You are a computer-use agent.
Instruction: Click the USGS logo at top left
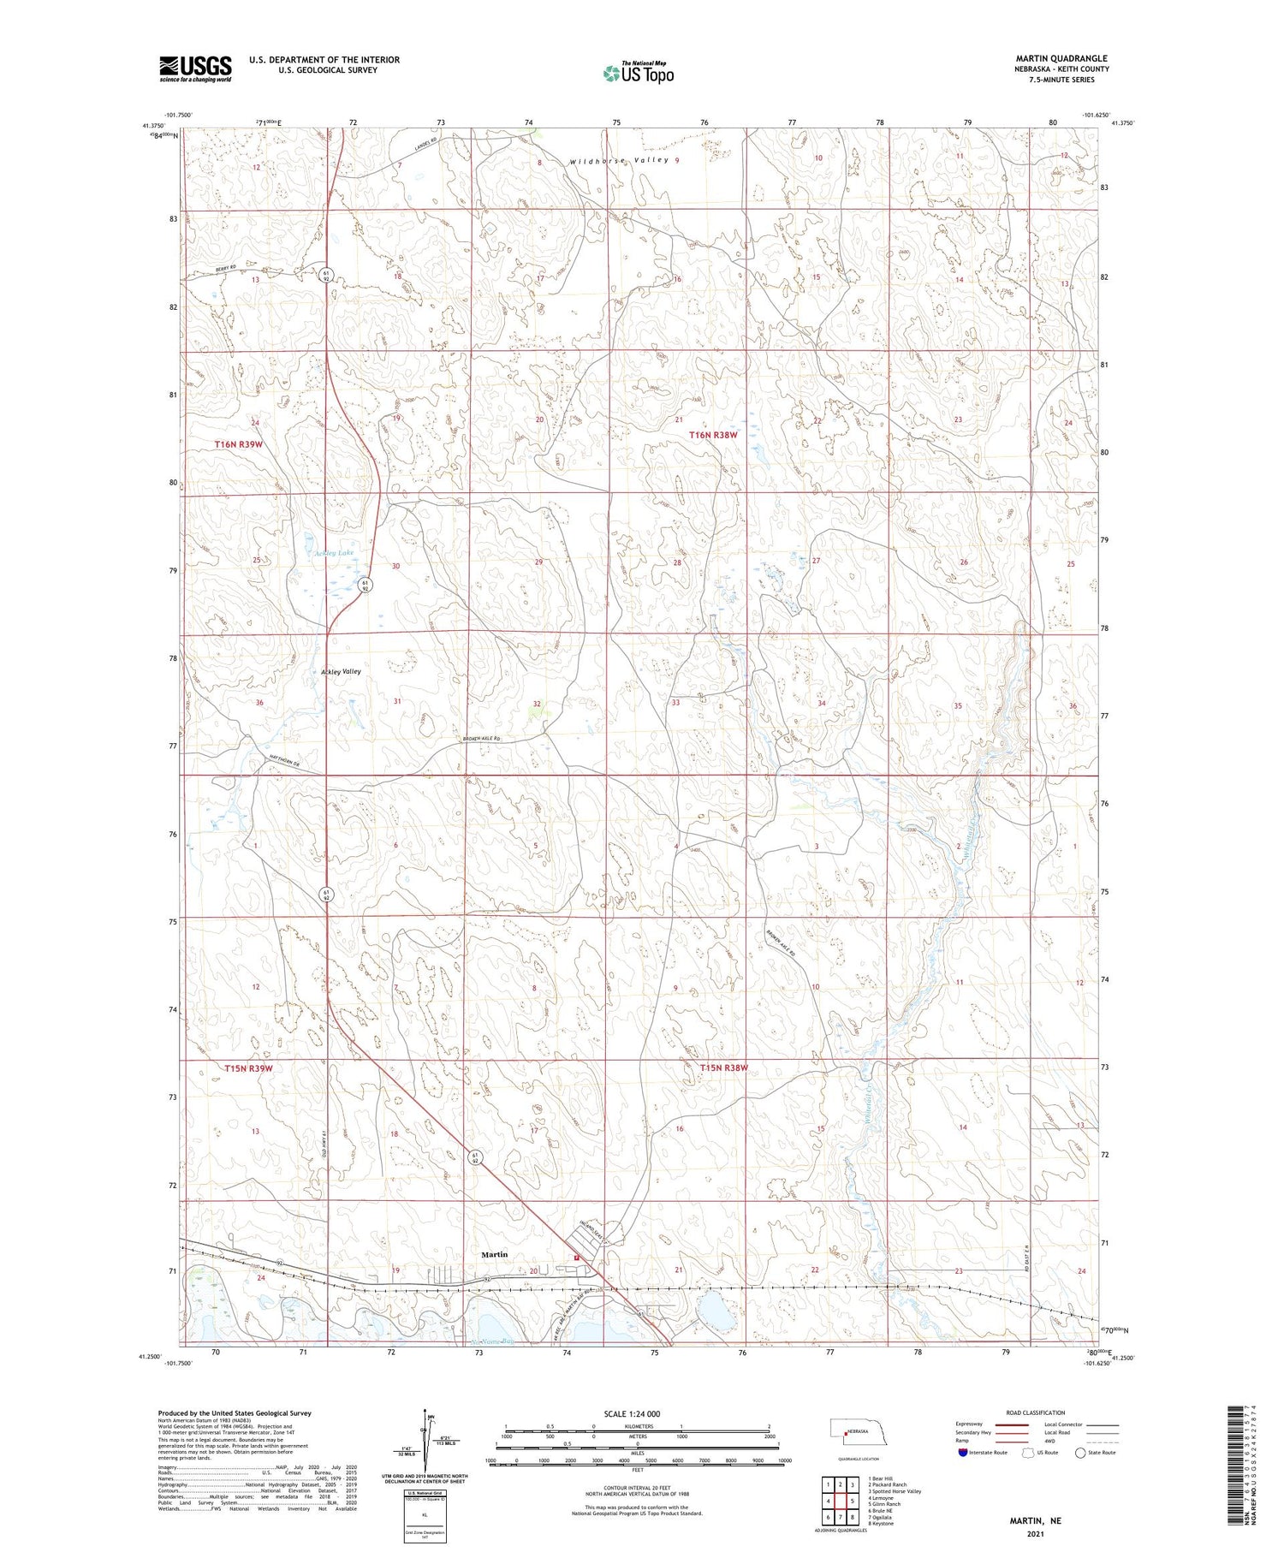[195, 68]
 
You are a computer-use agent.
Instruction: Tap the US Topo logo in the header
[638, 74]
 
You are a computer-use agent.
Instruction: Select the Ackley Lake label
[333, 553]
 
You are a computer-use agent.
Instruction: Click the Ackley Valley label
[341, 672]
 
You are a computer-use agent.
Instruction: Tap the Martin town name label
[494, 1254]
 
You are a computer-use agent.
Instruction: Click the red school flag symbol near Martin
[578, 1257]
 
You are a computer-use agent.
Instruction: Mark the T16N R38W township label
[713, 435]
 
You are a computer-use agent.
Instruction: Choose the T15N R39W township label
[248, 1068]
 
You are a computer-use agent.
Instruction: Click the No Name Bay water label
[495, 1341]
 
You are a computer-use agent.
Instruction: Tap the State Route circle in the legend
[1081, 1453]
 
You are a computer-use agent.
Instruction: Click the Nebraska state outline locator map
[851, 1430]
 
